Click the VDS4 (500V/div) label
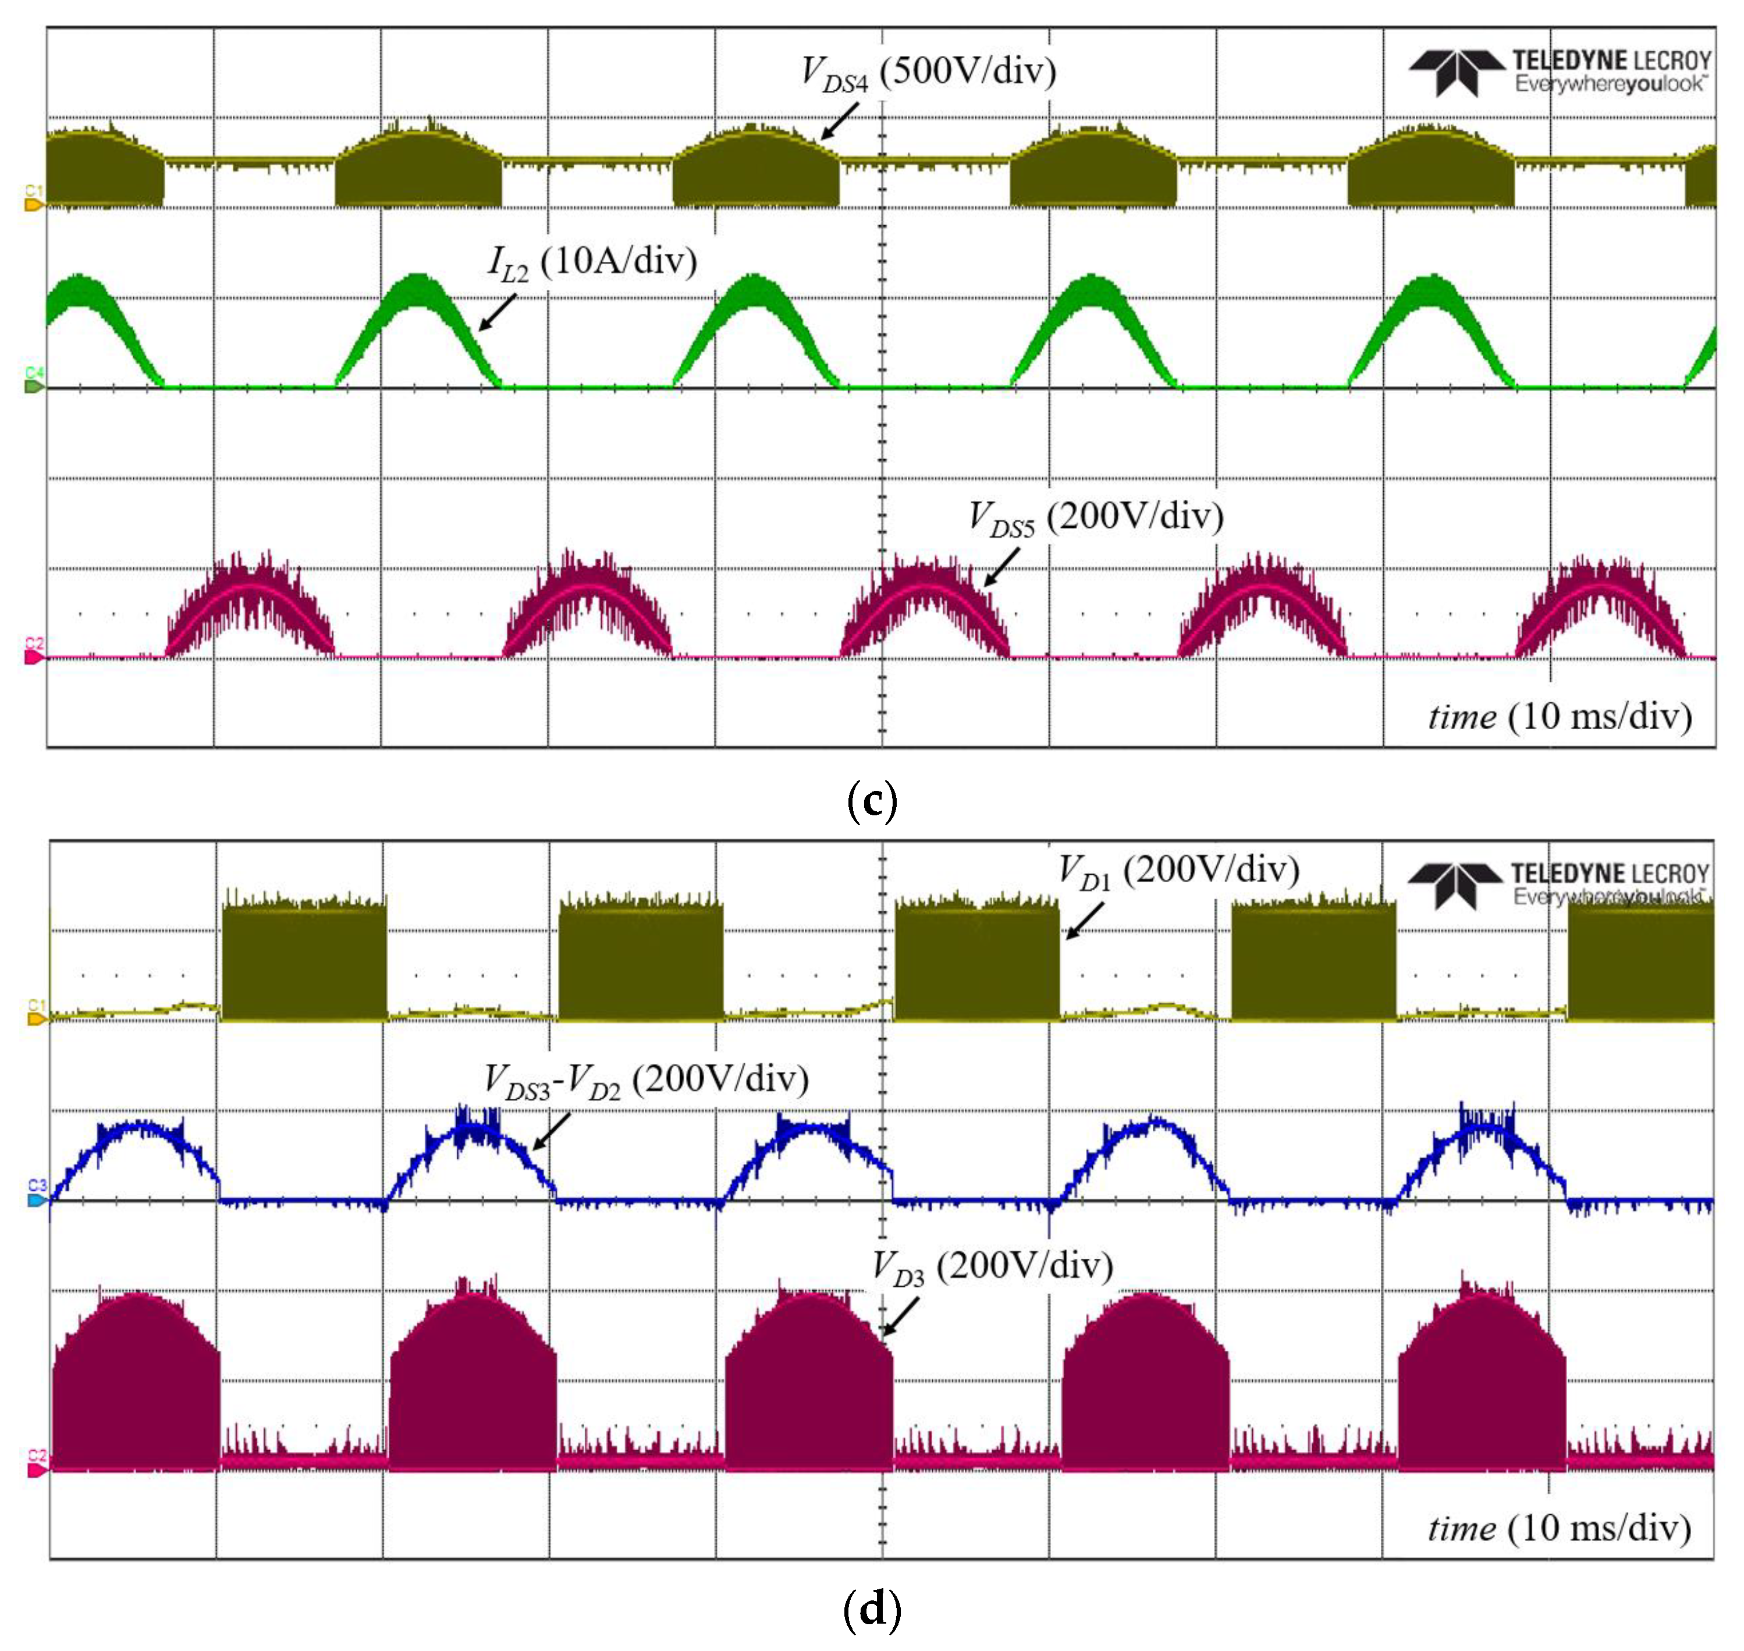click(928, 72)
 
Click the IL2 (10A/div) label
click(592, 262)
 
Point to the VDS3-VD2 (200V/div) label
click(646, 1080)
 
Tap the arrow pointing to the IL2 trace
click(497, 313)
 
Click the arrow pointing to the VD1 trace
click(1083, 921)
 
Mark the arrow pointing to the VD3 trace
click(900, 1318)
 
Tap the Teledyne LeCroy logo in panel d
click(1557, 885)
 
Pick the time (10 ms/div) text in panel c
click(1559, 716)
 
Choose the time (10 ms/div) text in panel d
click(1559, 1528)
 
